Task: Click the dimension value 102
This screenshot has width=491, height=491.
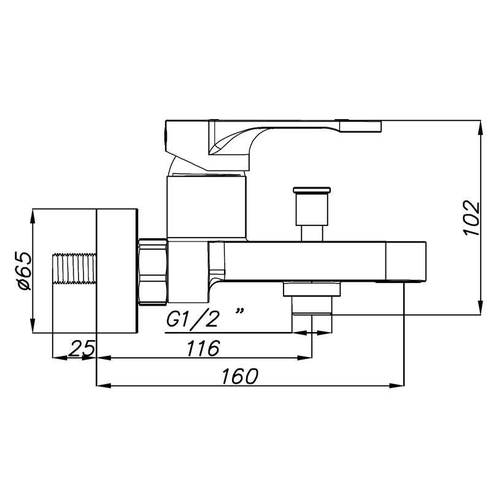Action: [x=471, y=218]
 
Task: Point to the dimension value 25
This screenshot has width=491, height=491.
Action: [x=81, y=348]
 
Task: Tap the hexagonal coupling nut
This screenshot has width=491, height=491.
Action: [x=153, y=271]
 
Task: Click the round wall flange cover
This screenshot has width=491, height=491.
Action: [x=116, y=271]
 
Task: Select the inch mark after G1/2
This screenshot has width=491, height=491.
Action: [x=239, y=312]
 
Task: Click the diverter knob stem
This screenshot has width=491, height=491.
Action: [x=312, y=232]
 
